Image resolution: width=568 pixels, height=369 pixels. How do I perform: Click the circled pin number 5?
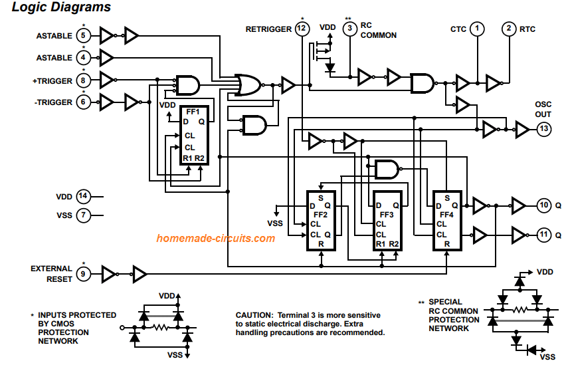(83, 35)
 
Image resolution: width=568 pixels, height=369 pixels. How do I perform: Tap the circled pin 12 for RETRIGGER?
(302, 29)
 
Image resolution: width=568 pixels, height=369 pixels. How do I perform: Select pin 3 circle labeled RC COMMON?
(349, 29)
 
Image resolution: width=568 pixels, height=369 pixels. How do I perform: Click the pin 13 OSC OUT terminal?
(543, 129)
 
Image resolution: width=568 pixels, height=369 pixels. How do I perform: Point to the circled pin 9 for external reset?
(83, 274)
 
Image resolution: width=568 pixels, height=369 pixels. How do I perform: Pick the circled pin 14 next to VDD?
(83, 196)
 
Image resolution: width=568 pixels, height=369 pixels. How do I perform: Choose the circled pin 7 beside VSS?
(83, 215)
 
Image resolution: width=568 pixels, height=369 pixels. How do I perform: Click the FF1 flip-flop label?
(193, 112)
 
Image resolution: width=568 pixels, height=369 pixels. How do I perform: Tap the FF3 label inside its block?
(387, 215)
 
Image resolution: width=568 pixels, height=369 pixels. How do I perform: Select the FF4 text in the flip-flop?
(446, 215)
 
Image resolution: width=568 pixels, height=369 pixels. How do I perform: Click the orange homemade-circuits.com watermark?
(215, 238)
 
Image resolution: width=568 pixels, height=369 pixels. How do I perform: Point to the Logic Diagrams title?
(61, 7)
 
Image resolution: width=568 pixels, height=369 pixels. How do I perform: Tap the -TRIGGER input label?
(54, 102)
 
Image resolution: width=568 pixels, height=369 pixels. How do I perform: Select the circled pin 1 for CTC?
(477, 29)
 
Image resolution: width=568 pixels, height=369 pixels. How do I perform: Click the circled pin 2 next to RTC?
(509, 29)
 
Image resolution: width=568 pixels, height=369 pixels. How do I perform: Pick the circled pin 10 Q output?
(543, 205)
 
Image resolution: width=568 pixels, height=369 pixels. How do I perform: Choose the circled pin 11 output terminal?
(543, 235)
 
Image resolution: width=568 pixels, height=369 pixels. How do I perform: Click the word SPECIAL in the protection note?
(445, 302)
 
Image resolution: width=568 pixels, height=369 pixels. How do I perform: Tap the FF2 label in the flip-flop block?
(320, 215)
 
